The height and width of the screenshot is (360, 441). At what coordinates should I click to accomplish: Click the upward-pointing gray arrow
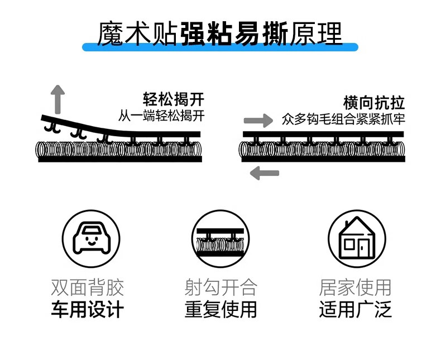[x=56, y=99]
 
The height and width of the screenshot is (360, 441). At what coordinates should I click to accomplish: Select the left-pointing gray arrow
[x=264, y=173]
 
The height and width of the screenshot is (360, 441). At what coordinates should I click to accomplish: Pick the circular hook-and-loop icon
[x=219, y=239]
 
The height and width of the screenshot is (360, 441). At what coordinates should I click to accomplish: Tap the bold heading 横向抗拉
[x=373, y=103]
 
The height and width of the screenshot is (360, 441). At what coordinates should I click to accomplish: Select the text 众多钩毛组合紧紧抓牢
[x=343, y=119]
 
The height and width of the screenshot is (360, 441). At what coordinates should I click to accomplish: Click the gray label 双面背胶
[x=88, y=287]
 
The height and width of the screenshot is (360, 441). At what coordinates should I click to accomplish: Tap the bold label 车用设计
[x=88, y=310]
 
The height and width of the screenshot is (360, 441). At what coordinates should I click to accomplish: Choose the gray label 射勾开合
[x=220, y=287]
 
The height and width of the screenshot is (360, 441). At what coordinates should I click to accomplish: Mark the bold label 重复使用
[x=220, y=310]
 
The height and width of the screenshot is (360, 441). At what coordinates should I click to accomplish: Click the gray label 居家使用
[x=355, y=287]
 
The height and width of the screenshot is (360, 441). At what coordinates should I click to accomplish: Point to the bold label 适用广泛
[x=355, y=310]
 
